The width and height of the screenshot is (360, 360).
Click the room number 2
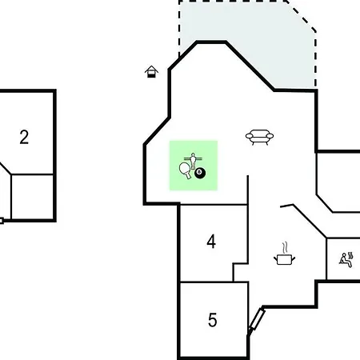(24, 137)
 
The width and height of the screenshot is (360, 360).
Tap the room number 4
(211, 242)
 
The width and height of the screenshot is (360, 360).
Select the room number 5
(212, 320)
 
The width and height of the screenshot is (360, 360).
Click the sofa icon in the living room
(259, 137)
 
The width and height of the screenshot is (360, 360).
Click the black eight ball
(200, 173)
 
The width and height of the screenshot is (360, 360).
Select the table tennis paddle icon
(185, 170)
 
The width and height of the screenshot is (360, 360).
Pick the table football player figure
(193, 160)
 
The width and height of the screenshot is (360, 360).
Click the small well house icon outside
(151, 71)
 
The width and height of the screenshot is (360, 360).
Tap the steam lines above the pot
(285, 247)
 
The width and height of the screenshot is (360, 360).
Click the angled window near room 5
(257, 319)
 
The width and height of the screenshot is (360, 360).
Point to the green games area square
(194, 166)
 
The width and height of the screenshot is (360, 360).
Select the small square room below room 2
(33, 197)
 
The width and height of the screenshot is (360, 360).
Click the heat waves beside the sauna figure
(350, 255)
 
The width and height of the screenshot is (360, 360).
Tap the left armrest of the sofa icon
(249, 136)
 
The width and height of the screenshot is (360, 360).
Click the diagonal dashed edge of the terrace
(302, 16)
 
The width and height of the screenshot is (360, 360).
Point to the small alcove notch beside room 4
(241, 273)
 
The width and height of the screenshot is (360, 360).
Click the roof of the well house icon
(151, 69)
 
